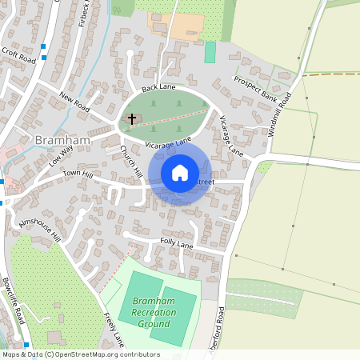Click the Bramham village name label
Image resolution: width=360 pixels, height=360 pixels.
pyautogui.click(x=58, y=141)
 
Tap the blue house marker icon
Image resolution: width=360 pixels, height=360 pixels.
pyautogui.click(x=180, y=173)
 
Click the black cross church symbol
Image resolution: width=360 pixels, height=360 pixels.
pyautogui.click(x=132, y=119)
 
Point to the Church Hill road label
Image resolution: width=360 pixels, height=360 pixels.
pyautogui.click(x=131, y=162)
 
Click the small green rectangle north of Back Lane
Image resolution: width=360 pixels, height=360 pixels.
pyautogui.click(x=210, y=53)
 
